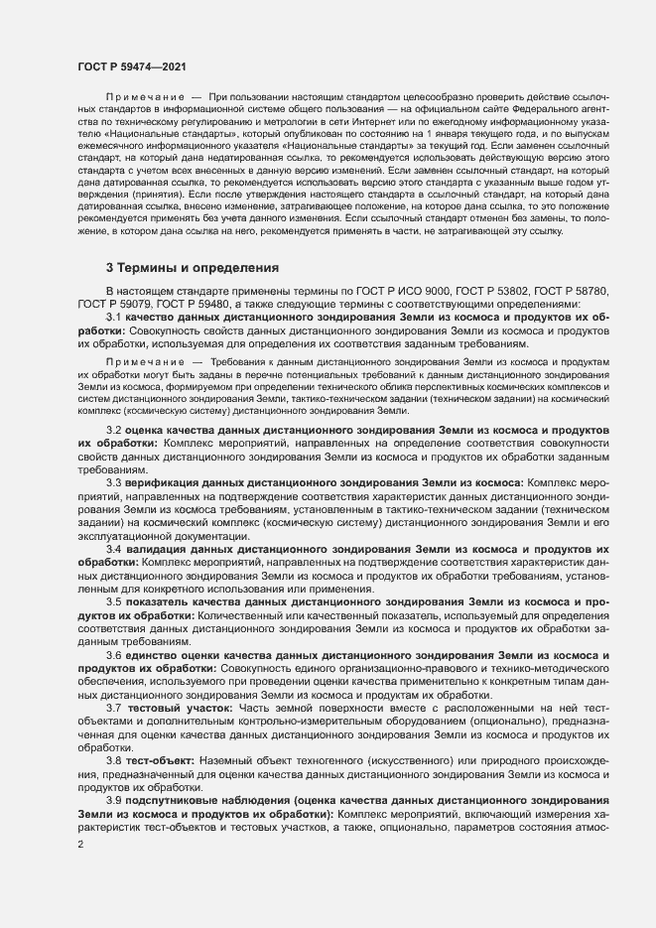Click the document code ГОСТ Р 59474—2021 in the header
(131, 66)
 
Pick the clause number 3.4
(113, 548)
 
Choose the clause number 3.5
(113, 601)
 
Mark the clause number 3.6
(113, 655)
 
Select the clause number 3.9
(113, 801)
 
